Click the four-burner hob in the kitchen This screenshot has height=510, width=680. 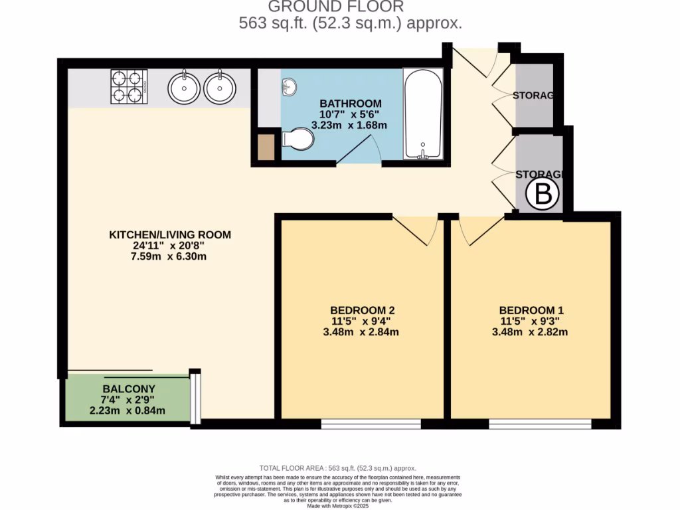(128, 86)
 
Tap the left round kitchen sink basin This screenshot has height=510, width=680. (183, 86)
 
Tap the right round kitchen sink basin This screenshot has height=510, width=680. (220, 86)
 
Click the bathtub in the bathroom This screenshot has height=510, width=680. (423, 114)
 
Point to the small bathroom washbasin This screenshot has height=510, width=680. (290, 86)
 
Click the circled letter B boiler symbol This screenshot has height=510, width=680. (543, 195)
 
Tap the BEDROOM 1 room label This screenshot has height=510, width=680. (531, 309)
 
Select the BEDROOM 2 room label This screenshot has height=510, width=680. (363, 309)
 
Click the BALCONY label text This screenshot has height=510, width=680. (129, 388)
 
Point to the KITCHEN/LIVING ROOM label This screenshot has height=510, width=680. (170, 234)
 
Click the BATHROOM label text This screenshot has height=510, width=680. (351, 104)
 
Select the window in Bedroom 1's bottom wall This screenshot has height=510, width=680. (540, 424)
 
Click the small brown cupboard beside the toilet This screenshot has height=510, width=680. (266, 147)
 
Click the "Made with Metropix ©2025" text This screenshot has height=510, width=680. (339, 506)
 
